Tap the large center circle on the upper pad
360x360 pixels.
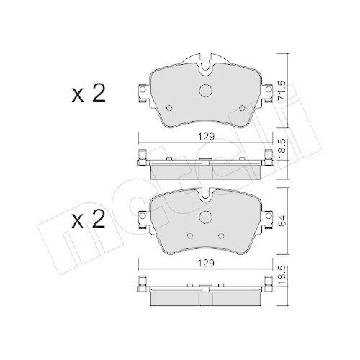click(207, 91)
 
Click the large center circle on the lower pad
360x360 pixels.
click(207, 219)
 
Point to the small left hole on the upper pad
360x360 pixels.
click(170, 109)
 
